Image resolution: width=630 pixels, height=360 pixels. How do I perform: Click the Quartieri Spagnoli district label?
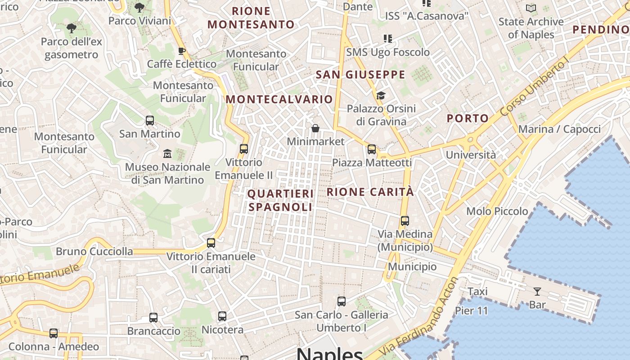[x=280, y=200]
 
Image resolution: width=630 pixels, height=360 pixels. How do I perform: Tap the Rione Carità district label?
[x=370, y=192]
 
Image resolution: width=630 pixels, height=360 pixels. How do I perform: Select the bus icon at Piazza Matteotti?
[x=372, y=149]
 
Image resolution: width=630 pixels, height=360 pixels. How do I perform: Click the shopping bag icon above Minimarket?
[x=315, y=129]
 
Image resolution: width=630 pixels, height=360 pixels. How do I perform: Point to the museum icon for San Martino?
[x=167, y=154]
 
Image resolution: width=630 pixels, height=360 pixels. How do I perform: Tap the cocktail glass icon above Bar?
[x=537, y=292]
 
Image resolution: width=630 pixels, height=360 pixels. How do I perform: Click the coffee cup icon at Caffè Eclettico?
[x=182, y=51]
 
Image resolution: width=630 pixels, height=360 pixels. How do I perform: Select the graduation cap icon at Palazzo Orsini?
[x=381, y=95]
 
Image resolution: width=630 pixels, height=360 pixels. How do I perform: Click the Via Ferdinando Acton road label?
[x=418, y=317]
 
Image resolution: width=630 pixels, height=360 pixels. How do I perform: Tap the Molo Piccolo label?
[x=497, y=211]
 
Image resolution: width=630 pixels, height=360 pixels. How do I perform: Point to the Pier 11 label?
[x=471, y=310]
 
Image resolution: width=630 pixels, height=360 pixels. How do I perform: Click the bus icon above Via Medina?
[x=405, y=221]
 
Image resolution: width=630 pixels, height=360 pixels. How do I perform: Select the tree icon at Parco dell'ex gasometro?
[x=71, y=29]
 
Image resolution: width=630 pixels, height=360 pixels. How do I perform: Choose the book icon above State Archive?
[x=531, y=8]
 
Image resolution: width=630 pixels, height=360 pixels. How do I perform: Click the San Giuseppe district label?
[x=360, y=75]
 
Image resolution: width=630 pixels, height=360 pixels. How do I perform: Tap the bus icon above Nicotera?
[x=222, y=316]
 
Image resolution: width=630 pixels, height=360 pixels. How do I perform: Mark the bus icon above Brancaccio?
[x=153, y=318]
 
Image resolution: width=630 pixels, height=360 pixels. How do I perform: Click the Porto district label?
[x=468, y=118]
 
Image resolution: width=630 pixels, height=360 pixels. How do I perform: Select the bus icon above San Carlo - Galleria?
[x=342, y=301]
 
